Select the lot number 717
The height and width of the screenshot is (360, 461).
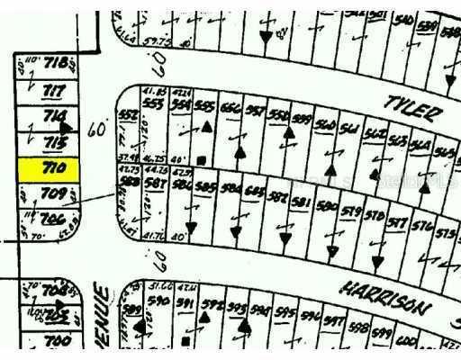coord(55,90)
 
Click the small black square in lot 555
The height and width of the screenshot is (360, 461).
coord(202,160)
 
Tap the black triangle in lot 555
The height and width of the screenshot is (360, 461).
coord(206,130)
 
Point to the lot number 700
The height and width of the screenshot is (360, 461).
coord(57,340)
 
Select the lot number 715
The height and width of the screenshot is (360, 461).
coord(57,142)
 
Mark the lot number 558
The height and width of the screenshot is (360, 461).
coord(279,115)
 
